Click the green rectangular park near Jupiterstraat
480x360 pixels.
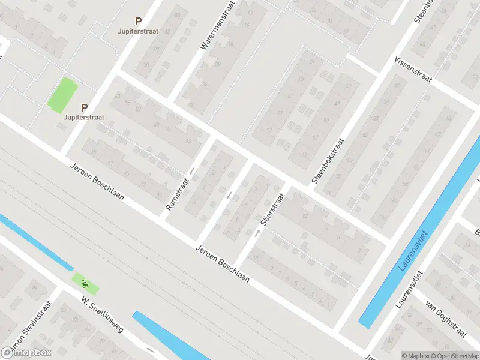[x=63, y=95]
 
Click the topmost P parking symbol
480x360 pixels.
[x=138, y=20]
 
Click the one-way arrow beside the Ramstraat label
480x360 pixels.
[x=192, y=172]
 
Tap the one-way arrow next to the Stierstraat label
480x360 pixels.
[x=257, y=233]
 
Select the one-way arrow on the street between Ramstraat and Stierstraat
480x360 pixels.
[x=229, y=194]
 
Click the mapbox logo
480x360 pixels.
[x=26, y=353]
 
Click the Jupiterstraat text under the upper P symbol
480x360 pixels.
[x=139, y=31]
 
